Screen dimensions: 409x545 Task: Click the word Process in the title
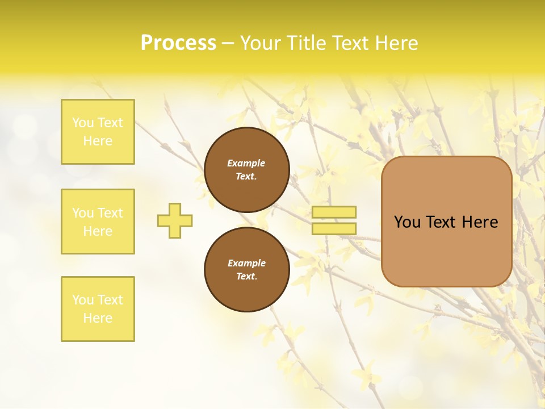[x=178, y=43]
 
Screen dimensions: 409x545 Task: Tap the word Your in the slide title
[x=261, y=43]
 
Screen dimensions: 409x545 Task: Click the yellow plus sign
[x=175, y=220]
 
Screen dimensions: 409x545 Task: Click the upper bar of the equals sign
[x=334, y=212]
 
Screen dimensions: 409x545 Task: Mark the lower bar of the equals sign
[x=334, y=228]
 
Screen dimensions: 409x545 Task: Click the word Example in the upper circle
[x=246, y=163]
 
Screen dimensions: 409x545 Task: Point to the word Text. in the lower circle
[x=246, y=276]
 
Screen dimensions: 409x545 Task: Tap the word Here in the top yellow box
[x=98, y=141]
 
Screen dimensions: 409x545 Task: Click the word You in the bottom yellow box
[x=83, y=300]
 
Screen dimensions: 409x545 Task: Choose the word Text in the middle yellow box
[x=110, y=213]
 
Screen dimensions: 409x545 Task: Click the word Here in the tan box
[x=480, y=222]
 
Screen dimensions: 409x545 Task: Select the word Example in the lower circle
[x=246, y=263]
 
